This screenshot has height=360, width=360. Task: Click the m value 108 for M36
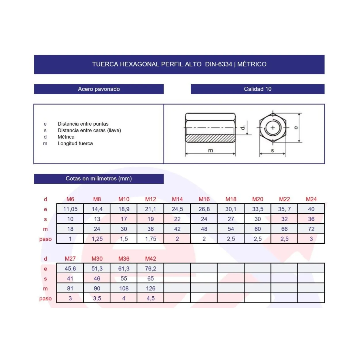coord(124,288)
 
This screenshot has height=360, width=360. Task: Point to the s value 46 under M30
coord(97,278)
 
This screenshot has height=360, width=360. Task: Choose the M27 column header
coord(70,259)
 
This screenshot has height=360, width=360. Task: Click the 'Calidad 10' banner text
coord(257,89)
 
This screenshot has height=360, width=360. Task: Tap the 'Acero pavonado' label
coord(99,89)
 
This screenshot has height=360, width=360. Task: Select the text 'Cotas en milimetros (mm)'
coord(99,178)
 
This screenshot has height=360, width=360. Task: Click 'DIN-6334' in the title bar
coord(218,64)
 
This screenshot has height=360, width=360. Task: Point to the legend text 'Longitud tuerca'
coord(75,143)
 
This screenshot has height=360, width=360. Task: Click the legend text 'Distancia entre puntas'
coord(83,124)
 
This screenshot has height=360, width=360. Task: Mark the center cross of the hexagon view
coord(272,128)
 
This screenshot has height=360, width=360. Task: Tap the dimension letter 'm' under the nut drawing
coord(210,150)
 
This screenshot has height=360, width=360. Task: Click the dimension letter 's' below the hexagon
coord(272,150)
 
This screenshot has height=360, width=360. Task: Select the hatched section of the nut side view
coord(210,139)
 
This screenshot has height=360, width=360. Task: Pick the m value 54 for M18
coord(231,229)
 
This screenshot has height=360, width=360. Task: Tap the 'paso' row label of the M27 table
coord(46,299)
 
